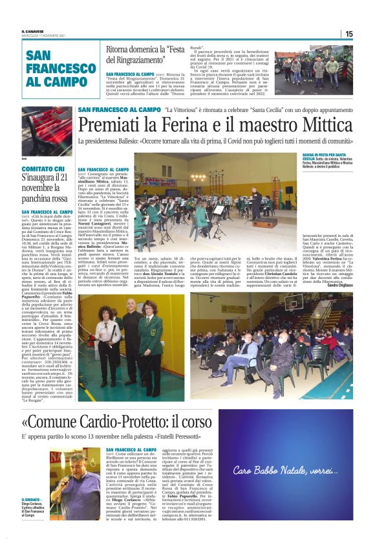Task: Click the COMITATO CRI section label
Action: [x=42, y=168]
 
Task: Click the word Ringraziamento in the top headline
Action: [x=151, y=60]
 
